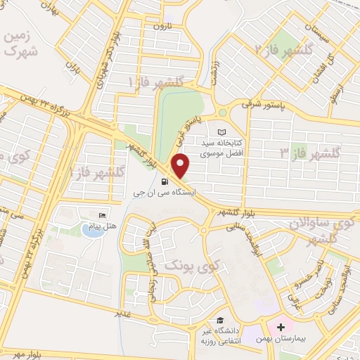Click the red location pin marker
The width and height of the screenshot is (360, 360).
(181, 166)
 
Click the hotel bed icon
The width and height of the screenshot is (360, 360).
(103, 214)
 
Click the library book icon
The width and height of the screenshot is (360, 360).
(222, 131)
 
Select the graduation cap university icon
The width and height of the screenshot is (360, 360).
(223, 320)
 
